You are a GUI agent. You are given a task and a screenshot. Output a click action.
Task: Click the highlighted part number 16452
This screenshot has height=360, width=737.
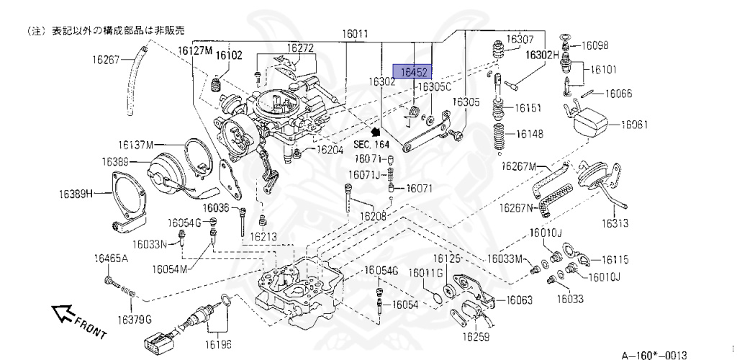[415, 72]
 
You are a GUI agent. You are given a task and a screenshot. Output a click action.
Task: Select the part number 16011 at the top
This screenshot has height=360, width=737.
[355, 34]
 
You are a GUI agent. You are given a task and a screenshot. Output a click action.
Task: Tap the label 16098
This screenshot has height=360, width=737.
[595, 45]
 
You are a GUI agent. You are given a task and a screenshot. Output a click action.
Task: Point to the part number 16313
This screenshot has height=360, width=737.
[615, 223]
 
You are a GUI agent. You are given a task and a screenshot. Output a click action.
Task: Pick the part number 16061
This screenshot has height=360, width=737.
[634, 124]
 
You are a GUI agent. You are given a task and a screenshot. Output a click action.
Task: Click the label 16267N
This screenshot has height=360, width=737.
[516, 208]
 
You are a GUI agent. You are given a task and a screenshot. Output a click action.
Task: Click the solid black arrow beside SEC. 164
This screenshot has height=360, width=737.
[374, 132]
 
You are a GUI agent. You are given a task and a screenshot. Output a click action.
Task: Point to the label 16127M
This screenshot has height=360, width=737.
[196, 50]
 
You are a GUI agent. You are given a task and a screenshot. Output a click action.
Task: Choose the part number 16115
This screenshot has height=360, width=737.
[615, 259]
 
